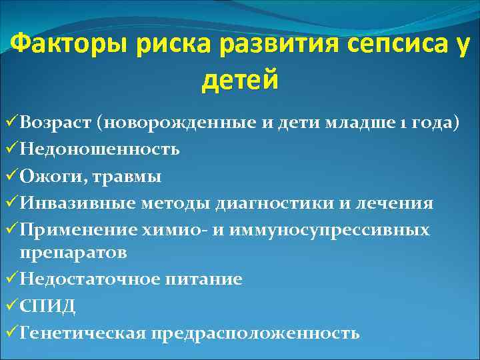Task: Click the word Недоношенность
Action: pos(99,149)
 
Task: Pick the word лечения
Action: pos(394,203)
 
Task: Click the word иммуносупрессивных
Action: pos(350,230)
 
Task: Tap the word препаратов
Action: pos(73,253)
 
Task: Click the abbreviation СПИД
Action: pos(47,306)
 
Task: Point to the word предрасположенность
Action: pos(255,333)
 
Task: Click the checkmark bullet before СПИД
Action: pos(11,305)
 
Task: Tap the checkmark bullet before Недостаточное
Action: pos(11,279)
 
